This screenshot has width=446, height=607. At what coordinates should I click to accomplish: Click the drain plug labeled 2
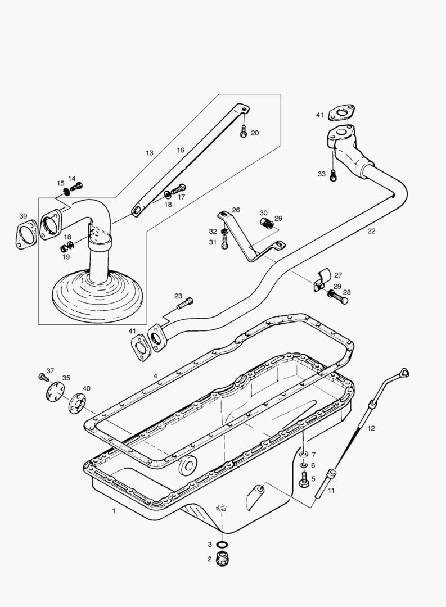pyautogui.click(x=224, y=560)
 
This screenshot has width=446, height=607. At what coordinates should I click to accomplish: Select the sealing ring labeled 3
pyautogui.click(x=223, y=545)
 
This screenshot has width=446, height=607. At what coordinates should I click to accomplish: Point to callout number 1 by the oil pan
pyautogui.click(x=114, y=511)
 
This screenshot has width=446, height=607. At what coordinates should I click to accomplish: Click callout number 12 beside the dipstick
pyautogui.click(x=371, y=428)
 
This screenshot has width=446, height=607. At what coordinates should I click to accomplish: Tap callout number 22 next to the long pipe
pyautogui.click(x=371, y=231)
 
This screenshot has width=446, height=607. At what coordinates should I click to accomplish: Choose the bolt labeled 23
pyautogui.click(x=185, y=304)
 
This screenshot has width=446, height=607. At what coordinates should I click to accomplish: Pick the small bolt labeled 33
pyautogui.click(x=334, y=175)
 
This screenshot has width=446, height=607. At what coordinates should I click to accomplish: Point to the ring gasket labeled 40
pyautogui.click(x=76, y=403)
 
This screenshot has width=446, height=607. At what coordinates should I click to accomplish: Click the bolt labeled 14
pyautogui.click(x=76, y=186)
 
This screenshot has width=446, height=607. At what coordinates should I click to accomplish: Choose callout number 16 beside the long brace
pyautogui.click(x=181, y=151)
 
